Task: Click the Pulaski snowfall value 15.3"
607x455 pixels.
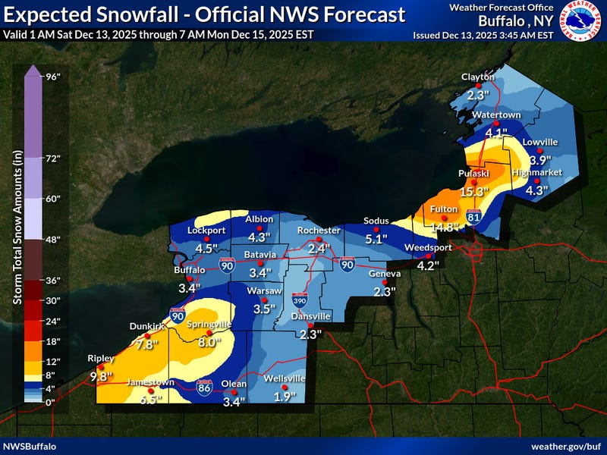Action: coord(476,192)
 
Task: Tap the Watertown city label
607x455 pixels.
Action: coord(496,115)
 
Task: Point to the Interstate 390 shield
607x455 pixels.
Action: coord(298,301)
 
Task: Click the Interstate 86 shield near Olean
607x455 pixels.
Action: coord(204,385)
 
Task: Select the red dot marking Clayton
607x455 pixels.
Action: coord(478,86)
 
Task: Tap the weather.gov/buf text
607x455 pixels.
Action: coord(565,446)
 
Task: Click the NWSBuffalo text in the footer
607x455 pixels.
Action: coord(30,446)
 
